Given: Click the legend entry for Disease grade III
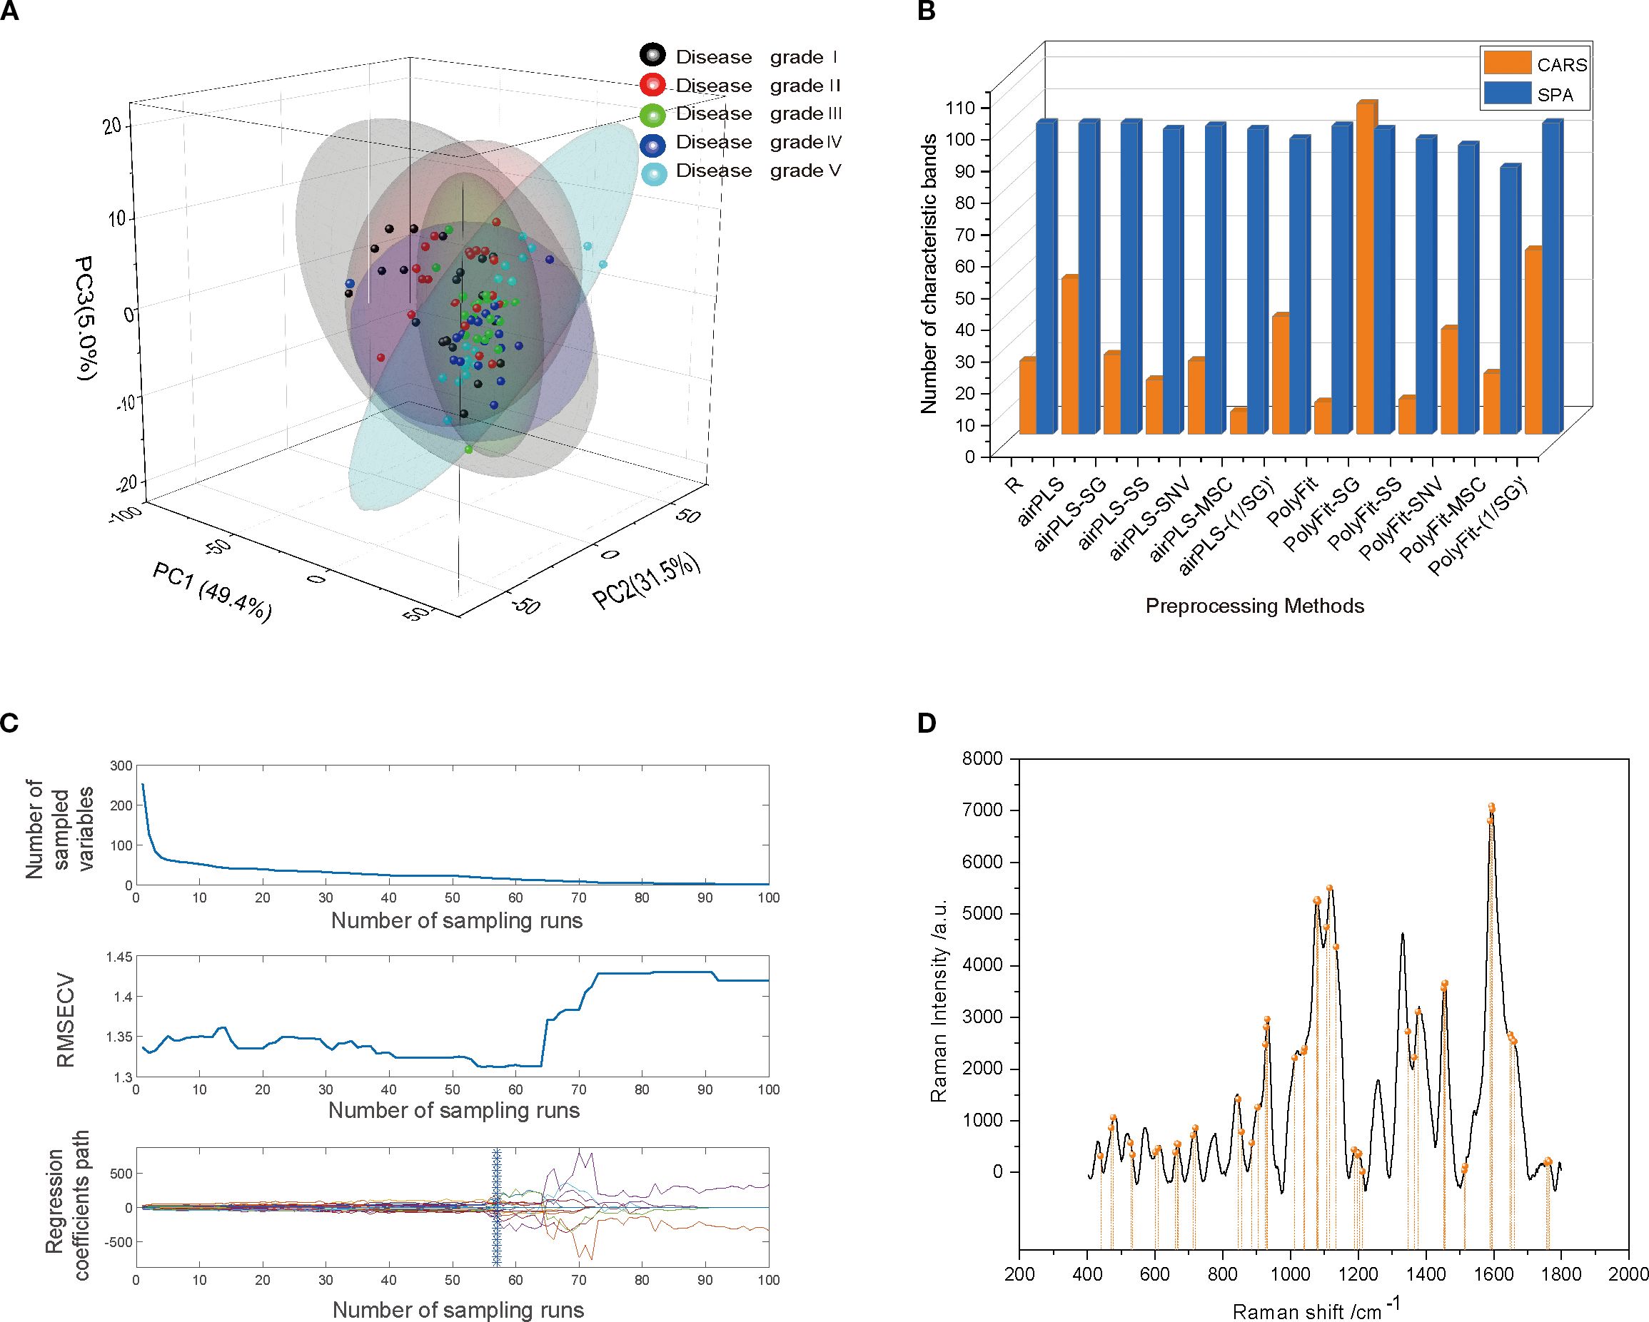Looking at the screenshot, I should pyautogui.click(x=740, y=114).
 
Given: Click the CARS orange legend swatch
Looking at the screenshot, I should pyautogui.click(x=1506, y=64).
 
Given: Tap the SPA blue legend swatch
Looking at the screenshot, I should pyautogui.click(x=1506, y=95).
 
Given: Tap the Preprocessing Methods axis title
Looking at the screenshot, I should pyautogui.click(x=1254, y=606).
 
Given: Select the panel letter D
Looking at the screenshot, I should pyautogui.click(x=927, y=723).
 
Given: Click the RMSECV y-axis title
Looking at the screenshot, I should pyautogui.click(x=67, y=1020).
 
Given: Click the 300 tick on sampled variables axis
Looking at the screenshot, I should pyautogui.click(x=121, y=766).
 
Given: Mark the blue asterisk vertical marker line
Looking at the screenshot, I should pyautogui.click(x=496, y=1208).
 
